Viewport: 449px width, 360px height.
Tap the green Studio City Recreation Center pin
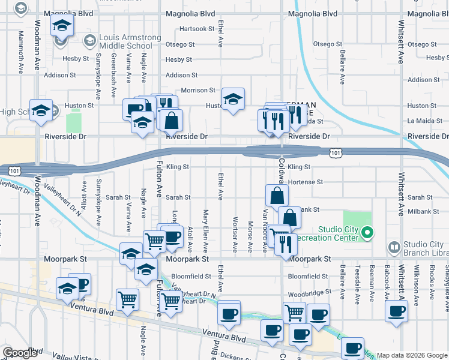[x=369, y=233]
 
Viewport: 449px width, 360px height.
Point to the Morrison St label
[x=198, y=91]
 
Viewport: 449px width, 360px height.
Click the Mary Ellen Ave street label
[x=205, y=230]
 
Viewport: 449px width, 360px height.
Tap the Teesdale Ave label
[x=357, y=284]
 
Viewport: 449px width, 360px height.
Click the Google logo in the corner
[x=19, y=353]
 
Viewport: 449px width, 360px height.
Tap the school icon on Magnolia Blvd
[x=61, y=26]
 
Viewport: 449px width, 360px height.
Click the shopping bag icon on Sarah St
[x=277, y=195]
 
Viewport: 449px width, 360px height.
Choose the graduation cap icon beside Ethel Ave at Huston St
[x=233, y=99]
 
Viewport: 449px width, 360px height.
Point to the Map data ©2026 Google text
[x=411, y=355]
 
